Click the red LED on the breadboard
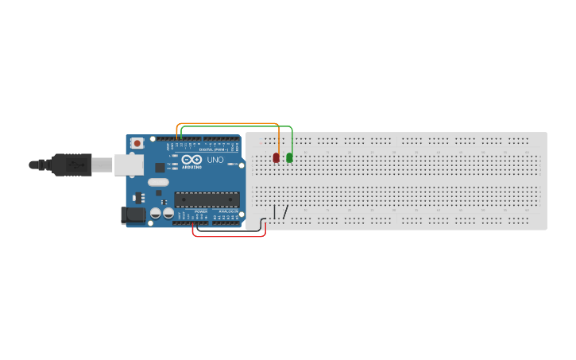(276, 157)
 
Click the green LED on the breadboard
(289, 157)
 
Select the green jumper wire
(238, 127)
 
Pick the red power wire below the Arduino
(230, 236)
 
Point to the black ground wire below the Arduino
(230, 230)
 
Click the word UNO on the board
(215, 160)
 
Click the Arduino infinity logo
(191, 160)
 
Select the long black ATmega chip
(207, 199)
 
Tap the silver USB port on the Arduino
(128, 165)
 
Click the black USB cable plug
(72, 165)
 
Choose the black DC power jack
(133, 215)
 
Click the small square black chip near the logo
(160, 168)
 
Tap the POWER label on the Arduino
(200, 211)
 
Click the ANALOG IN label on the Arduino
(228, 211)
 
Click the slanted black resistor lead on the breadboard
(284, 212)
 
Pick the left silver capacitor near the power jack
(156, 213)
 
